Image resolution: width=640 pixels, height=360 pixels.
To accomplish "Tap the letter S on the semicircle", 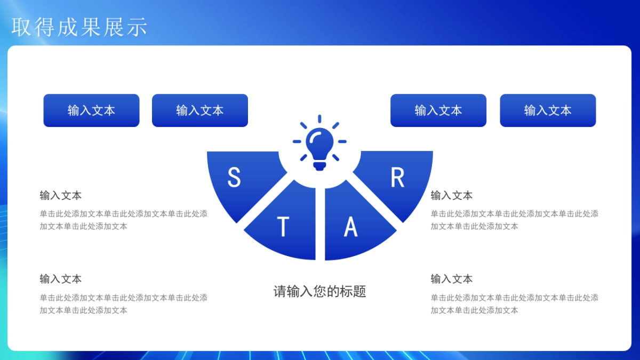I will (234, 178).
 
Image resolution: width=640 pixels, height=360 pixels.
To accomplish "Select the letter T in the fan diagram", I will (283, 227).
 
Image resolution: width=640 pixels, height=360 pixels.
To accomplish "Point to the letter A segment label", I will (350, 227).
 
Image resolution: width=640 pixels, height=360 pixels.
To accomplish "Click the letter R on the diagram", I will (397, 178).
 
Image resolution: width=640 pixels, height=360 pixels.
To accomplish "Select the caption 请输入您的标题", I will (319, 291).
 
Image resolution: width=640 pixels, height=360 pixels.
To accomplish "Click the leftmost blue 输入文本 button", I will (91, 110).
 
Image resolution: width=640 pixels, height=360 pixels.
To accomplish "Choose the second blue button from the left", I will (200, 110).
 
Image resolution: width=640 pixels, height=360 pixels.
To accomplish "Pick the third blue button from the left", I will (438, 110).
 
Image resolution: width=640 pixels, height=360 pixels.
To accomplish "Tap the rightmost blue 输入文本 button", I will (548, 110).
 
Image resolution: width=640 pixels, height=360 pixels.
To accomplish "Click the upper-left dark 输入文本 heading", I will (61, 195).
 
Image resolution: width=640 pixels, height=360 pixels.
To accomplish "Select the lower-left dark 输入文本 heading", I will (61, 279).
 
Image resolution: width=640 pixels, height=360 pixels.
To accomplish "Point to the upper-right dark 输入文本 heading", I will (452, 195).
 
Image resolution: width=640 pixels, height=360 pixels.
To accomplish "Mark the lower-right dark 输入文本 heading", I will (452, 279).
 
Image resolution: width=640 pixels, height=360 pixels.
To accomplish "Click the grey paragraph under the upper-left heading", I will (123, 220).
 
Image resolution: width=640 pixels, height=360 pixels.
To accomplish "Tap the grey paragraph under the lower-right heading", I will (514, 303).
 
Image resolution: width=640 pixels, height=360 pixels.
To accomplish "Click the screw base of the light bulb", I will (319, 166).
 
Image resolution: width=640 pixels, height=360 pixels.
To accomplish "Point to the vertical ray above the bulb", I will (319, 119).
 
